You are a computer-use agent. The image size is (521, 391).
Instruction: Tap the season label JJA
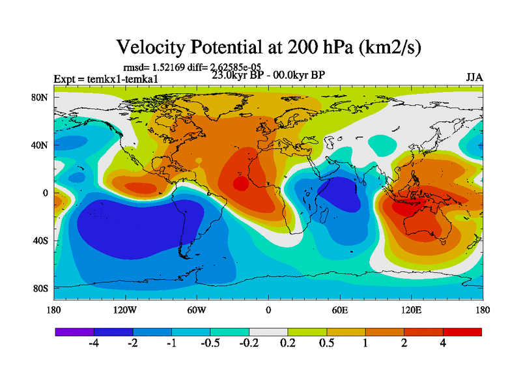tap(474, 78)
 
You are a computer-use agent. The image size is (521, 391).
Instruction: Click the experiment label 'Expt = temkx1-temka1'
tap(106, 80)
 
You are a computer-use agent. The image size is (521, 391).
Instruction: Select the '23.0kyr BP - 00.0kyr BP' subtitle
tap(268, 74)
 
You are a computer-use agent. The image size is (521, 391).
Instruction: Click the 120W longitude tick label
tap(125, 310)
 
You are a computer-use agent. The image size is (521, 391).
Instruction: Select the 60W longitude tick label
tap(197, 310)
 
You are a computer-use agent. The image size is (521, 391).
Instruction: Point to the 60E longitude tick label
tap(339, 310)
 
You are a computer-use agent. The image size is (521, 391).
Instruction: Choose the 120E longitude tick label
tap(411, 310)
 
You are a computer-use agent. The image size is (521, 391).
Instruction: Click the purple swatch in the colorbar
tap(75, 332)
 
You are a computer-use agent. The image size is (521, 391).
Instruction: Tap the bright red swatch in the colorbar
tap(462, 332)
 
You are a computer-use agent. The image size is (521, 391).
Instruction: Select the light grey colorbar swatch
tap(268, 332)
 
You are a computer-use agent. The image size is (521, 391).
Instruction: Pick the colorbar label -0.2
tap(247, 345)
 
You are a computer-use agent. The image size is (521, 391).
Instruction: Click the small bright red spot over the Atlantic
tap(240, 184)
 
